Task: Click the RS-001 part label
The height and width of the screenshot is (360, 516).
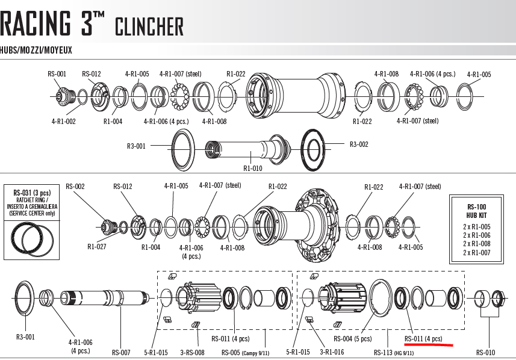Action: pyautogui.click(x=57, y=73)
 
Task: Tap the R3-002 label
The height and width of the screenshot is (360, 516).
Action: pyautogui.click(x=359, y=144)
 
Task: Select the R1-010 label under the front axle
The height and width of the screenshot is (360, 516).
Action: pyautogui.click(x=253, y=168)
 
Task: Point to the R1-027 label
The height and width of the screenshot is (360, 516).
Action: pyautogui.click(x=97, y=246)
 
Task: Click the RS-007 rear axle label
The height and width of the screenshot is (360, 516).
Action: pyautogui.click(x=121, y=352)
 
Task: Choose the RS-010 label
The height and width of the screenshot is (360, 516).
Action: pyautogui.click(x=485, y=352)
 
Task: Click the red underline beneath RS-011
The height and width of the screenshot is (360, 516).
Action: pyautogui.click(x=429, y=344)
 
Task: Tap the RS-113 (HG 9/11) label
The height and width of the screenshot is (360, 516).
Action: pyautogui.click(x=394, y=353)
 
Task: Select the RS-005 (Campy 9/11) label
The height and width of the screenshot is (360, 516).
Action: pyautogui.click(x=245, y=353)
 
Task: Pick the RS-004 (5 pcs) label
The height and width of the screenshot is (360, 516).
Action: pyautogui.click(x=353, y=338)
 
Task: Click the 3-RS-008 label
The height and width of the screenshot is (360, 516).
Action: pyautogui.click(x=192, y=352)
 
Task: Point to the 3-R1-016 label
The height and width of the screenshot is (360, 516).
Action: pyautogui.click(x=332, y=352)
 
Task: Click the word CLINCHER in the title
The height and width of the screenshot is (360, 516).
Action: pyautogui.click(x=149, y=26)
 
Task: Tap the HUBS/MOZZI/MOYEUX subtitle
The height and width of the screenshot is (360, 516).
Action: pyautogui.click(x=36, y=51)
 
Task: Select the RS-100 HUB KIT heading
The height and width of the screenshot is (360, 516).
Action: pyautogui.click(x=476, y=211)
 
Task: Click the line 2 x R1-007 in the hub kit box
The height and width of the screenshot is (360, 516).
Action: pyautogui.click(x=476, y=252)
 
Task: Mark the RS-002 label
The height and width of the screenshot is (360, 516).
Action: pyautogui.click(x=75, y=186)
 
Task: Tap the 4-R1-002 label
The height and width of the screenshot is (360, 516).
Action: pyautogui.click(x=63, y=121)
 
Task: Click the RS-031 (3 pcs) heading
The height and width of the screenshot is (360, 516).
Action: pyautogui.click(x=32, y=193)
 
